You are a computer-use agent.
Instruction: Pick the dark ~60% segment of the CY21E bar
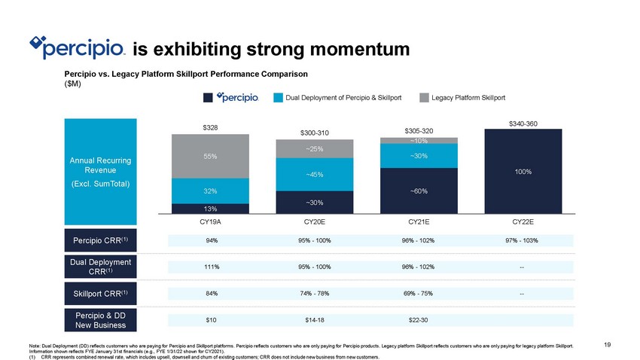click(x=419, y=191)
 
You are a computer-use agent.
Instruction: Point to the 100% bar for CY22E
click(x=523, y=172)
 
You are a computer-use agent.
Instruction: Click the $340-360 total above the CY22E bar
click(x=523, y=123)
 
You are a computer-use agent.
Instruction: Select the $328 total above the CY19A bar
click(x=210, y=128)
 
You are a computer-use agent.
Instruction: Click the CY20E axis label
click(x=315, y=223)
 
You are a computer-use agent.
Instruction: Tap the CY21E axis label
click(x=419, y=223)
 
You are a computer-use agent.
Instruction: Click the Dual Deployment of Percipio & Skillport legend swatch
click(x=278, y=98)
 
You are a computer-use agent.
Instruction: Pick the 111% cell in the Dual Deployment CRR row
click(x=210, y=267)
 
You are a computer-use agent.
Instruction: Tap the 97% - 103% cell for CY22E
click(x=523, y=241)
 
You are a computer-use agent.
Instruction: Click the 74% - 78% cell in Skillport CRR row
click(x=315, y=293)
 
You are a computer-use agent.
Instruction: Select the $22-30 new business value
click(x=419, y=320)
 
